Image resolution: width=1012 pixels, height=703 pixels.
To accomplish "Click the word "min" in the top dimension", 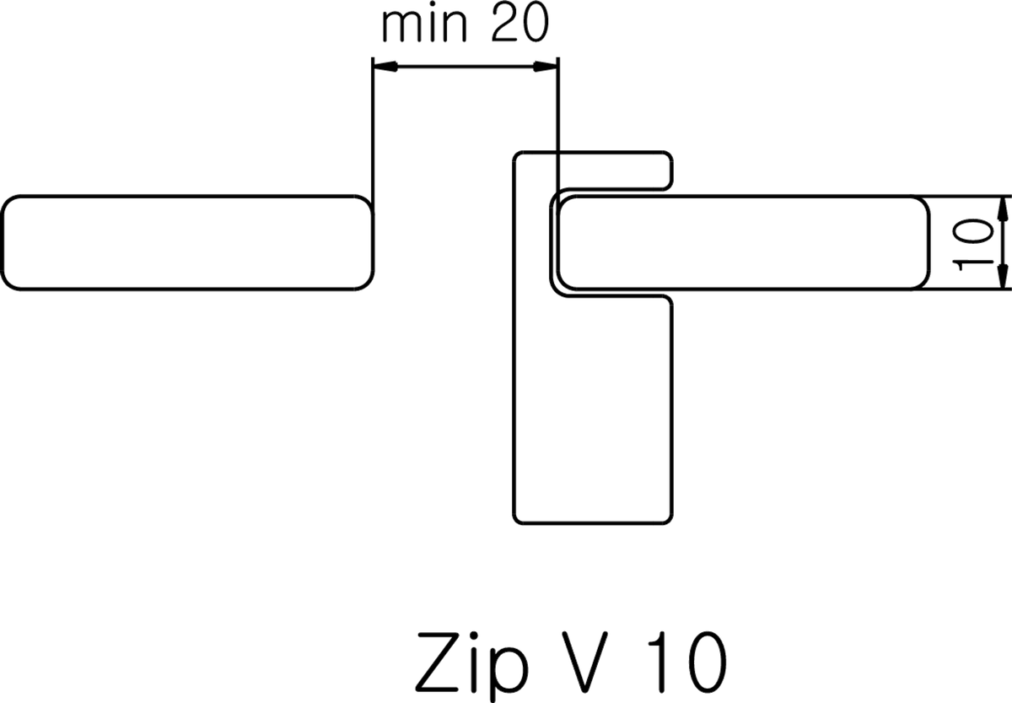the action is coord(424,24).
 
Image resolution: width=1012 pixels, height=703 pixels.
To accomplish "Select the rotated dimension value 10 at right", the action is coord(972,245).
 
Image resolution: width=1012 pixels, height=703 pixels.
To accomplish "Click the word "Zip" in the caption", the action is coord(471,666).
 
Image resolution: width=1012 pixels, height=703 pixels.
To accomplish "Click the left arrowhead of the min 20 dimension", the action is coord(385,67).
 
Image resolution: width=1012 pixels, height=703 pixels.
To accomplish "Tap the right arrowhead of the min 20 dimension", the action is coord(546,67).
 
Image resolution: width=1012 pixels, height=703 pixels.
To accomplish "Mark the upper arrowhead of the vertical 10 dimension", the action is coord(1003,208).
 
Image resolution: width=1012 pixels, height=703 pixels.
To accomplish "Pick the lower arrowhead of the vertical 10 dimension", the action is coord(1003,276).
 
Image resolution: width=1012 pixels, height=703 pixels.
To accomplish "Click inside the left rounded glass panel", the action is coord(187,243).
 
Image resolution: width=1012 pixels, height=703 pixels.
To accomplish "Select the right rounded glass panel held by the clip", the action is coord(743,243).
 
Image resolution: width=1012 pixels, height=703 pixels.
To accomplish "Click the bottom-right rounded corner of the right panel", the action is coord(924,284).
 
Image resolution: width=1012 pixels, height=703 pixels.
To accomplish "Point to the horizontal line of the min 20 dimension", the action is coord(466,67).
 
